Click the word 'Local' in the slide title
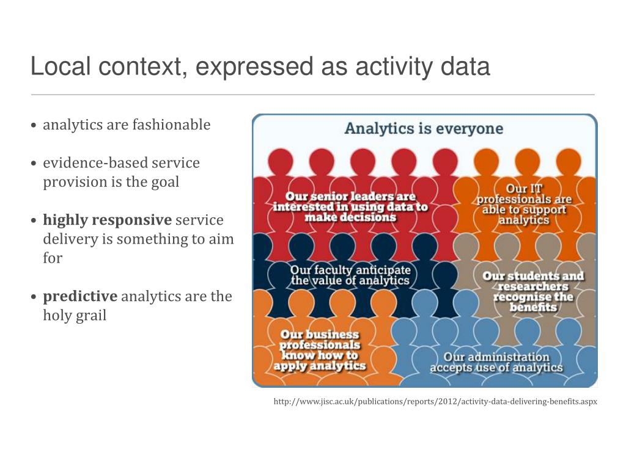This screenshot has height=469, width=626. click(x=59, y=67)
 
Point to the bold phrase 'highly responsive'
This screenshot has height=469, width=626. click(x=107, y=220)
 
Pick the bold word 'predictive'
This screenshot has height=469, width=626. click(x=80, y=296)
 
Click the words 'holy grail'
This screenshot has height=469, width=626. click(x=75, y=316)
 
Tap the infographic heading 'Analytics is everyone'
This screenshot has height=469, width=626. click(x=424, y=129)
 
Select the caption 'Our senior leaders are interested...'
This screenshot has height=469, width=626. click(x=350, y=207)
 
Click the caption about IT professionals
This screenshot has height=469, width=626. click(x=524, y=205)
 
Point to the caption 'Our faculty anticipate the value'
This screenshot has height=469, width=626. click(x=350, y=275)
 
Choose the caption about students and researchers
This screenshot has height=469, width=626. click(x=533, y=291)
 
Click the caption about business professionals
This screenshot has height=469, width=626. click(x=319, y=351)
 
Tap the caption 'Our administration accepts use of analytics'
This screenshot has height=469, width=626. click(x=496, y=362)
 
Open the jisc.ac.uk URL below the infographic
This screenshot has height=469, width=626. click(x=435, y=402)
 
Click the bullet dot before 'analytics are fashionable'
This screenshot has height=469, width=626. click(x=34, y=126)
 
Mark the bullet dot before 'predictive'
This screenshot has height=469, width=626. click(x=34, y=297)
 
